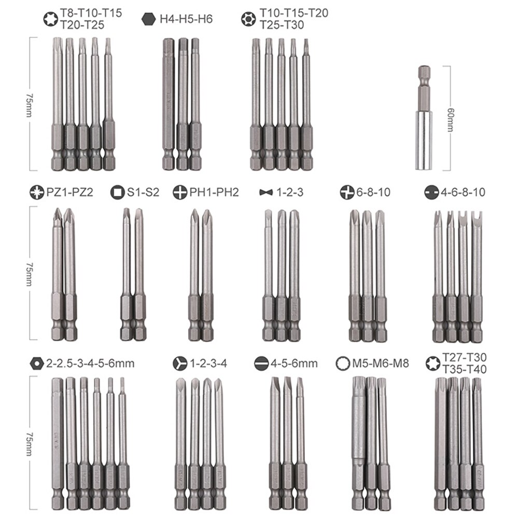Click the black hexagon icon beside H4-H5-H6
(x=148, y=19)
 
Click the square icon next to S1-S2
(x=116, y=192)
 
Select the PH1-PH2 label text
(x=214, y=192)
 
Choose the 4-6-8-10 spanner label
(x=463, y=192)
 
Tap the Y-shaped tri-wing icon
(x=179, y=363)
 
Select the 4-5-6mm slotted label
(x=293, y=363)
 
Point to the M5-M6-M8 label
(x=381, y=363)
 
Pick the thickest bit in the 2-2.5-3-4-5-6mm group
(x=58, y=430)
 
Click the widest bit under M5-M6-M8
(x=358, y=430)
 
